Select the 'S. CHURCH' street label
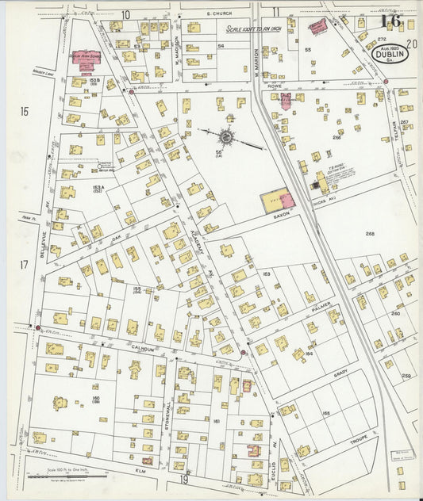pyautogui.click(x=216, y=14)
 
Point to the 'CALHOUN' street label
pyautogui.click(x=142, y=347)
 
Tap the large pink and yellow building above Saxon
pyautogui.click(x=278, y=200)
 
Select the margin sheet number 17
pyautogui.click(x=24, y=264)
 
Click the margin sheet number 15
pyautogui.click(x=24, y=112)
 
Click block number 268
pyautogui.click(x=370, y=234)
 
